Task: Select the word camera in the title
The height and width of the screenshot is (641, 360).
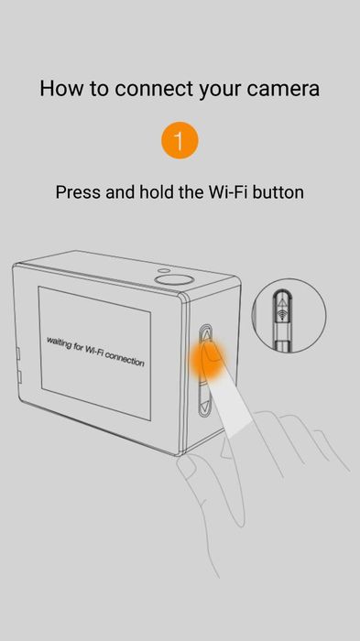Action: [283, 90]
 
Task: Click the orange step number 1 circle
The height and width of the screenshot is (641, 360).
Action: [180, 140]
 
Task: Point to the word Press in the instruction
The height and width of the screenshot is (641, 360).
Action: [79, 191]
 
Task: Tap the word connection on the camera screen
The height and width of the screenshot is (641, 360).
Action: [125, 359]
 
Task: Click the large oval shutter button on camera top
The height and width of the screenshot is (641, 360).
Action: [174, 279]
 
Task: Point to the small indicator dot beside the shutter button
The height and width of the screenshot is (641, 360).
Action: [164, 270]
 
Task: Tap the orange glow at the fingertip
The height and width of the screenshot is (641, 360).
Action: [207, 359]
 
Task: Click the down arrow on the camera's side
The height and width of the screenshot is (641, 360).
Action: [204, 406]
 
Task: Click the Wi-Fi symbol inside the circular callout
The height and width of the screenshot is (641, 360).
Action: [281, 314]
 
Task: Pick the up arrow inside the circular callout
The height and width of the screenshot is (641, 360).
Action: [281, 301]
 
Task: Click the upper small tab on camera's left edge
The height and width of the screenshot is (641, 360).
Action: [18, 353]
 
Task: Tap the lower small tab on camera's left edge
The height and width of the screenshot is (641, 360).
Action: [19, 376]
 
